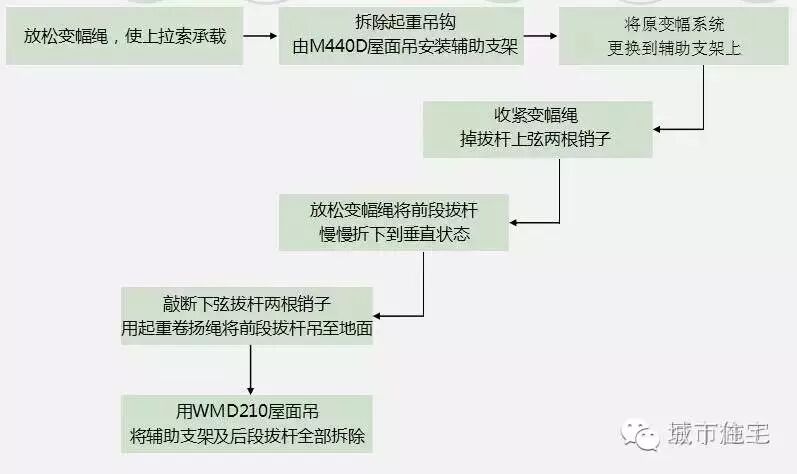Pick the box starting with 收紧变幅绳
click(x=538, y=128)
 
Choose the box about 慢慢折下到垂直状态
click(x=395, y=222)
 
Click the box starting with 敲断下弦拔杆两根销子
click(x=247, y=316)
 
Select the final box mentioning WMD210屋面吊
click(x=247, y=424)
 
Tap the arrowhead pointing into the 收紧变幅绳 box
click(x=661, y=128)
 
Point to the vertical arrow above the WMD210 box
click(x=247, y=370)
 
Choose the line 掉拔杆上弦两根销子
click(x=538, y=140)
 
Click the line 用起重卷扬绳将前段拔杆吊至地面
click(x=247, y=328)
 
